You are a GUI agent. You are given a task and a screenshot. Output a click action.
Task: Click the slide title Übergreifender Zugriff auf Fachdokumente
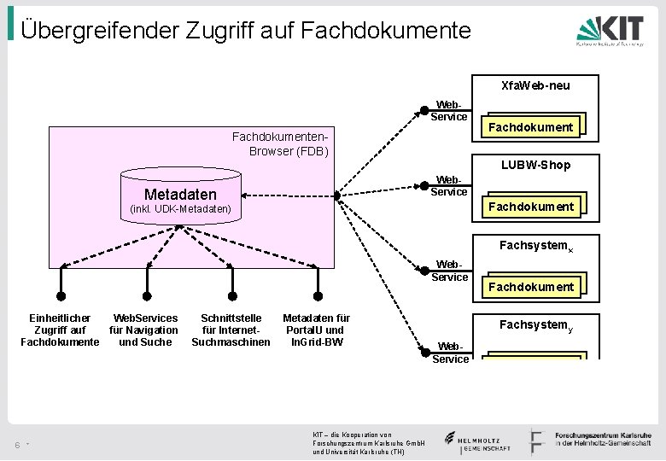click(246, 31)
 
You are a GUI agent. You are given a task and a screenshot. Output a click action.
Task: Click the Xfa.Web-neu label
click(535, 85)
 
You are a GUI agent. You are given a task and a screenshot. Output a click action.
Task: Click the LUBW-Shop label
click(535, 164)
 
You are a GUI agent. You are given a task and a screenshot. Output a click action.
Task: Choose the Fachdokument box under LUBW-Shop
click(530, 206)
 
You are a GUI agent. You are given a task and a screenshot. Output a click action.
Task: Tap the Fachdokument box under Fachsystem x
click(530, 286)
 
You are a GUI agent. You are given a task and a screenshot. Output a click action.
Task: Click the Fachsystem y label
click(534, 324)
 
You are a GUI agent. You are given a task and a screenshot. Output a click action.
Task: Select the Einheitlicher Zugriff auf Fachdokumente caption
click(60, 330)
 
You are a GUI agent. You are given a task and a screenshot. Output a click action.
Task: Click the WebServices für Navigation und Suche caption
click(145, 330)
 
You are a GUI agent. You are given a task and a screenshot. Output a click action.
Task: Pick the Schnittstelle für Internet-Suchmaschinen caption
click(231, 330)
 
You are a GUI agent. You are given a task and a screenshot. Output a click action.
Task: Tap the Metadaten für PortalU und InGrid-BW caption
click(316, 330)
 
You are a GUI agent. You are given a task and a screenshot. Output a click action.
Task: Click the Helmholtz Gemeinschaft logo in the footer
click(477, 441)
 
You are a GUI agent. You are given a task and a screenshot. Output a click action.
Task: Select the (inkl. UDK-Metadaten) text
click(179, 208)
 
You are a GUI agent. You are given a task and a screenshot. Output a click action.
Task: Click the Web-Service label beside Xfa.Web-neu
click(449, 110)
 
